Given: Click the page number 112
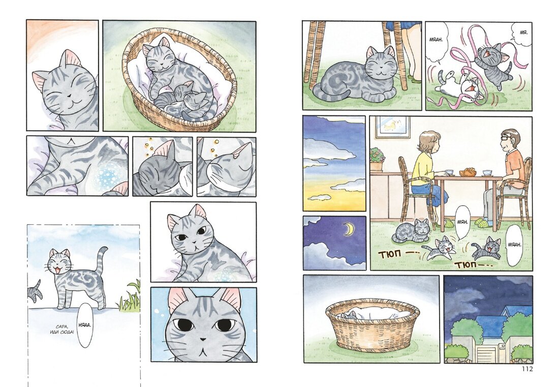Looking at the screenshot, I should tap(526, 369).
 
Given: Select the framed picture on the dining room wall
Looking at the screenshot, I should tap(392, 127).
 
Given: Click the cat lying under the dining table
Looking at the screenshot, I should tap(411, 231).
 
